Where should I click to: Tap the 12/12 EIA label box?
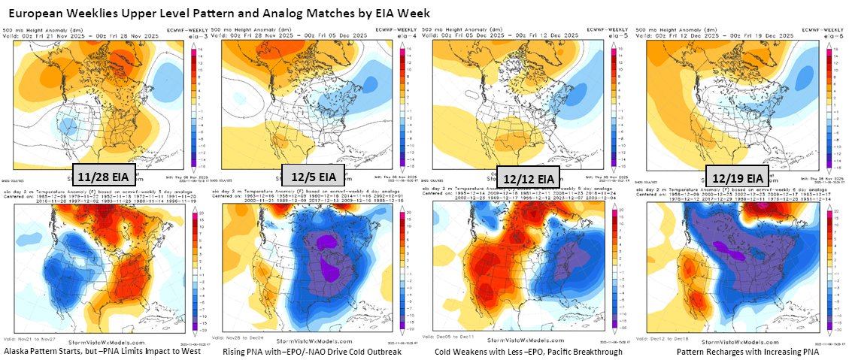[529, 178]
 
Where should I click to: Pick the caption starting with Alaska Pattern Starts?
[102, 351]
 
